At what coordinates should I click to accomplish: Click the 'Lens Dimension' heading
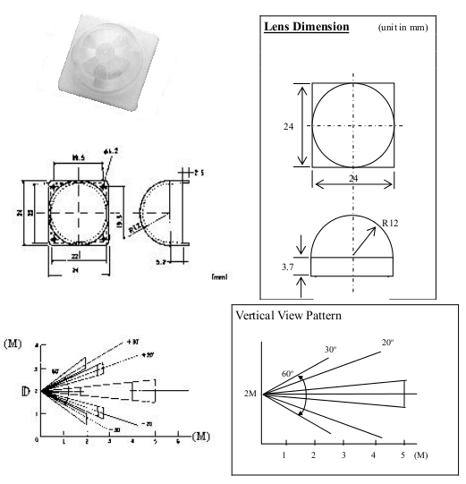click(307, 26)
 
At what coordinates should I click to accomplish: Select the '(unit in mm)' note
click(403, 27)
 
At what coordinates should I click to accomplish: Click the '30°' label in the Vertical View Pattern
click(331, 349)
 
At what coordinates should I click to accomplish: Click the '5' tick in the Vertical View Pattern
click(403, 456)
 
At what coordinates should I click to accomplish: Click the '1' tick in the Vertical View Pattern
click(284, 456)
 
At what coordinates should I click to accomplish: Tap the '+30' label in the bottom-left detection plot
click(133, 342)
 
